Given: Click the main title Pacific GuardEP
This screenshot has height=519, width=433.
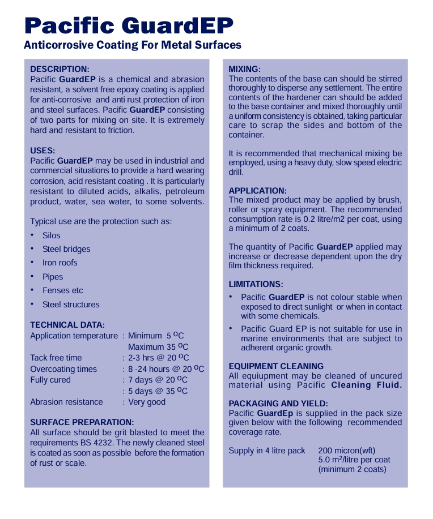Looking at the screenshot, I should (x=129, y=25).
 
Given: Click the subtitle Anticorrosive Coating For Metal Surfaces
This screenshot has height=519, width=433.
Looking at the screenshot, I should (x=133, y=45).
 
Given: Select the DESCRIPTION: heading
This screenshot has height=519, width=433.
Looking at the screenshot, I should (x=60, y=69).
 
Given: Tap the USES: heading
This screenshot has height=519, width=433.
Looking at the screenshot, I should (x=43, y=151).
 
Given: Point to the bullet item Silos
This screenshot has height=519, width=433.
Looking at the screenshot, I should (x=51, y=235).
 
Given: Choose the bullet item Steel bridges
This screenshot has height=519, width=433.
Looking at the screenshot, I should (x=66, y=249).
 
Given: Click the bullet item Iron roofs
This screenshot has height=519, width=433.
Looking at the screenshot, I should (x=60, y=263).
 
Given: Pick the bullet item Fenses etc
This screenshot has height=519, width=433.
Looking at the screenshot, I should (x=62, y=290).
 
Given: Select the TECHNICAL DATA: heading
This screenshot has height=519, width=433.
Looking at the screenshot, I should (x=67, y=325).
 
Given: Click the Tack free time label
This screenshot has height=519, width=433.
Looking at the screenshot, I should (x=56, y=358).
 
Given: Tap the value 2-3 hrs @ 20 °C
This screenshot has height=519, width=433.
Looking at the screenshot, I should (x=159, y=358).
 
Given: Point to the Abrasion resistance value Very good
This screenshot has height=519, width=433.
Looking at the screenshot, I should (x=147, y=402).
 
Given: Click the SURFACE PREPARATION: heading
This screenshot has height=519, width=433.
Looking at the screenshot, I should (x=82, y=422).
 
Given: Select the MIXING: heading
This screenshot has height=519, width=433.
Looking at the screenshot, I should (x=244, y=69).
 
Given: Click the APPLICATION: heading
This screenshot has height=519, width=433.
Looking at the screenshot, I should (x=257, y=191).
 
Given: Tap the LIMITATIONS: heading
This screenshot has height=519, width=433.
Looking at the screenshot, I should (x=256, y=284).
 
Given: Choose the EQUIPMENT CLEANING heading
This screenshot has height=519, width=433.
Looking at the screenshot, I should (x=276, y=366).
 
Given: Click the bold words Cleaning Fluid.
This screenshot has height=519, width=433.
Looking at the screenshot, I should (x=366, y=385).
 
